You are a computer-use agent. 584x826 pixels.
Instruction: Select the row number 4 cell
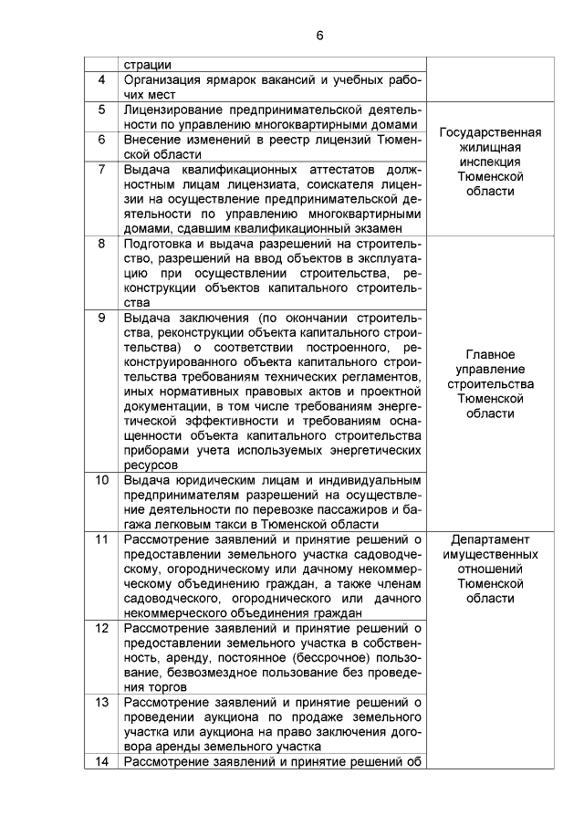[x=101, y=80]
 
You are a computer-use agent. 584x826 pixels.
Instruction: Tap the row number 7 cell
[x=101, y=170]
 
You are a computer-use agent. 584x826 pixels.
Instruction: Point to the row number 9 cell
[x=101, y=318]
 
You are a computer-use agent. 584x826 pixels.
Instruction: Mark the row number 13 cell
[x=101, y=702]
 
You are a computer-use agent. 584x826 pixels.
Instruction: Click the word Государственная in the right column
[x=490, y=132]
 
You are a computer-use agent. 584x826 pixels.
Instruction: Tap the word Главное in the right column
[x=490, y=354]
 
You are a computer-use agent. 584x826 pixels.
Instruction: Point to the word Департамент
[x=490, y=539]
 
